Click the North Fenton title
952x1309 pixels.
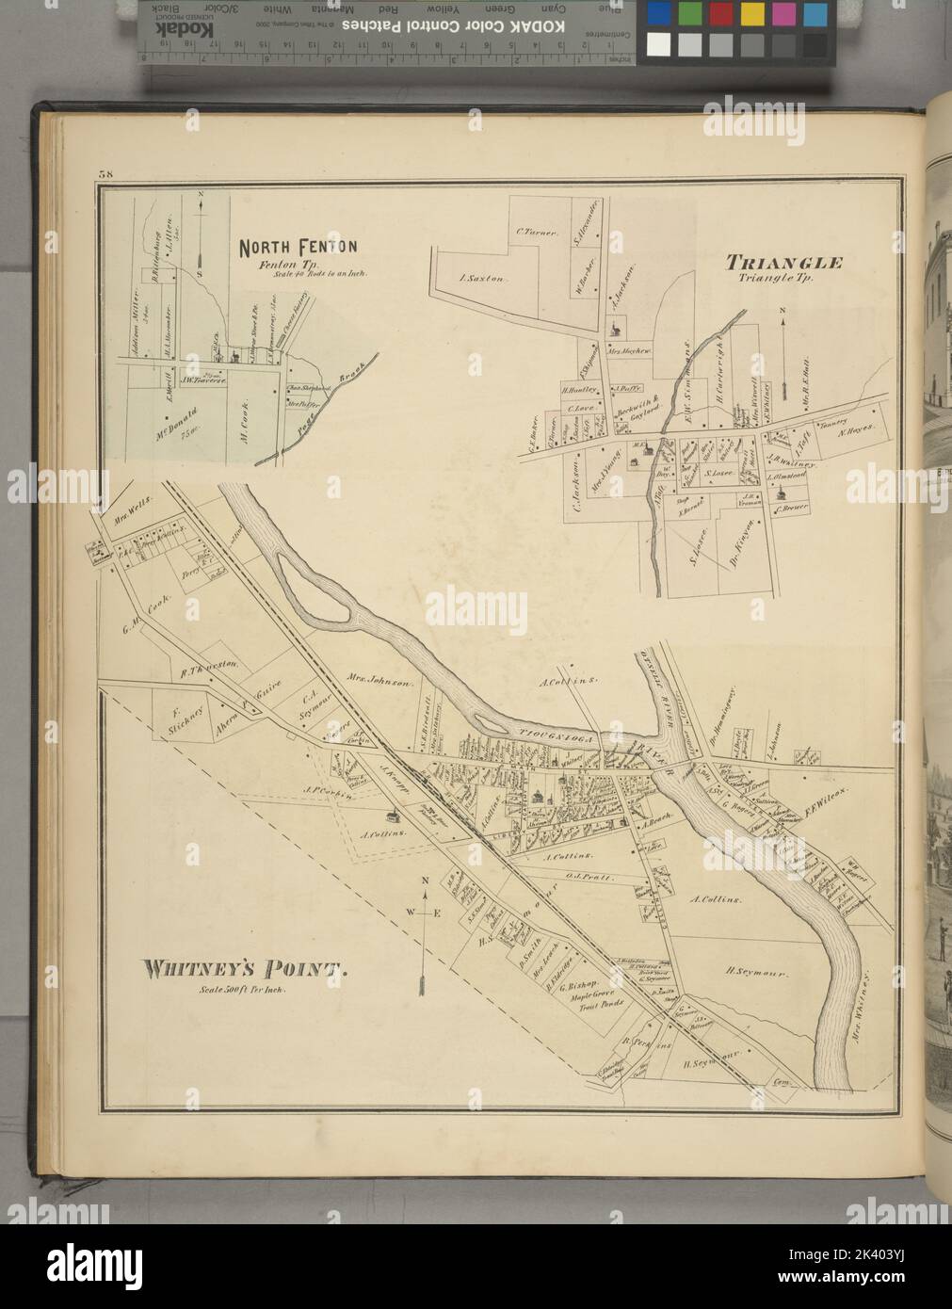[x=298, y=248]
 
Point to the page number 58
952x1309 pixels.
[x=104, y=173]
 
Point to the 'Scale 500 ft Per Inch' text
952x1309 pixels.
[x=244, y=991]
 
